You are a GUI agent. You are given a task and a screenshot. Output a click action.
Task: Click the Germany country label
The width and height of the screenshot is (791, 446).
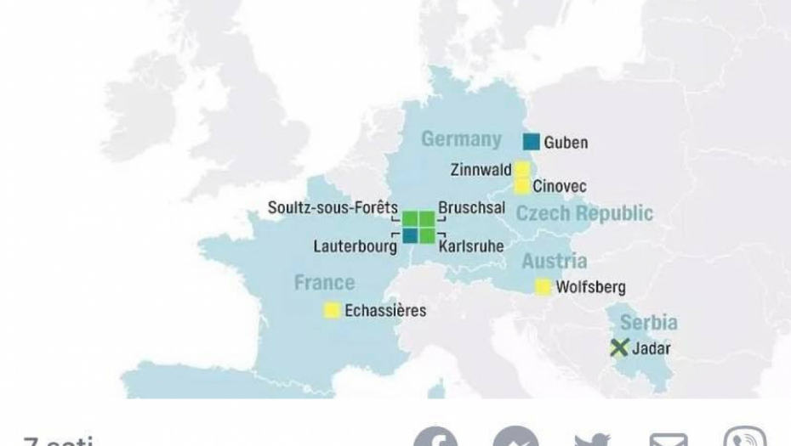click(461, 138)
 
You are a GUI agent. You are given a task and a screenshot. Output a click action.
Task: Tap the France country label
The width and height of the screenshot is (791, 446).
click(324, 282)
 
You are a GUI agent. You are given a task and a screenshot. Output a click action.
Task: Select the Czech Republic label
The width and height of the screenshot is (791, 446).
click(585, 212)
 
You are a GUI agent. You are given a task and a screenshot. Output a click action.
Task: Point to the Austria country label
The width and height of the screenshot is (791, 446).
click(554, 260)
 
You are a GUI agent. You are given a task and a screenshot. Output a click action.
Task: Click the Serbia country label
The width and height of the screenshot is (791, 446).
click(648, 322)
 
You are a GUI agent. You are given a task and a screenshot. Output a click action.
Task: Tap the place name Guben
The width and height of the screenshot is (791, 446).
click(566, 142)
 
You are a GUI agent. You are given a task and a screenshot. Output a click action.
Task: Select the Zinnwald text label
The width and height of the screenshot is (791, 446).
click(481, 170)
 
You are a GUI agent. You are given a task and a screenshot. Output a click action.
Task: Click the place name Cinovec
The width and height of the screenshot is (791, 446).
click(560, 186)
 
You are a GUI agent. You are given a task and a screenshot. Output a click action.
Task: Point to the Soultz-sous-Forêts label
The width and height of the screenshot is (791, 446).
click(333, 207)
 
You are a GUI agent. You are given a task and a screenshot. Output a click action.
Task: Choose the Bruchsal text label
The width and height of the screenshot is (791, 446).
click(471, 208)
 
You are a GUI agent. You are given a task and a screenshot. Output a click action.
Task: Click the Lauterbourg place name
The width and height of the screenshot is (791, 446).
click(355, 246)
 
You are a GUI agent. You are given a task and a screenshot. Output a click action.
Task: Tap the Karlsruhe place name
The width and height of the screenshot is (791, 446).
click(471, 246)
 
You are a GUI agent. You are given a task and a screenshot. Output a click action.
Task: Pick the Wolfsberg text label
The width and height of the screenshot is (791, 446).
click(590, 287)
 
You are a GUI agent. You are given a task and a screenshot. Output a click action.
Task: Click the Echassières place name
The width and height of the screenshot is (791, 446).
click(385, 311)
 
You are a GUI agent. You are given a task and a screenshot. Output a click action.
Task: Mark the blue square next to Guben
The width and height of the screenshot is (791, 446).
click(531, 142)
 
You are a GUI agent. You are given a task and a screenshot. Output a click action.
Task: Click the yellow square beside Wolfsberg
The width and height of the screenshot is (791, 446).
click(543, 287)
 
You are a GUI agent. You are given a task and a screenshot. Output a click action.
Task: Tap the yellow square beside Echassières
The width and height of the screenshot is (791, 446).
click(332, 311)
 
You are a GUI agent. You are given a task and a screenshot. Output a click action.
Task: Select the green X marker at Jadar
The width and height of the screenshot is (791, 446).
click(619, 347)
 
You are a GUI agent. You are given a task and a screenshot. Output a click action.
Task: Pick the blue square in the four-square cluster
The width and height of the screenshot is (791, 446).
click(409, 235)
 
